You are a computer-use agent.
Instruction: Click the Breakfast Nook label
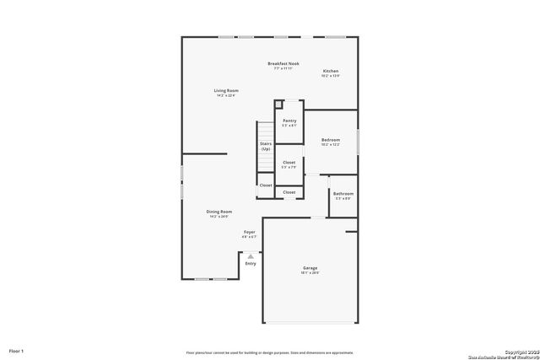click(283, 63)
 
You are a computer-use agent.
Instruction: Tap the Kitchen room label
click(330, 71)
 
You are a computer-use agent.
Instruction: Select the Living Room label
click(225, 90)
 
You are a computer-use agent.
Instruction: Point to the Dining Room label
click(219, 212)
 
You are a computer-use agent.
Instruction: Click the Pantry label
click(289, 121)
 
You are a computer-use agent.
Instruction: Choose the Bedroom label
click(330, 140)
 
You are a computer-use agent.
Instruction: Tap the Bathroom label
click(343, 193)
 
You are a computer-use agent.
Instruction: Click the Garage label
click(310, 268)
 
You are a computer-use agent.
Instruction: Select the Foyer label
click(250, 232)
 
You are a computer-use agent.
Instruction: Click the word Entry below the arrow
click(251, 264)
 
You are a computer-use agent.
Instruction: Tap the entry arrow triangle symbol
click(250, 255)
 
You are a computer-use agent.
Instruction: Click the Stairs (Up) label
click(265, 147)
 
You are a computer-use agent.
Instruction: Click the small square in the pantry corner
click(278, 106)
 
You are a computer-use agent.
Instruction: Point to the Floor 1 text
click(17, 350)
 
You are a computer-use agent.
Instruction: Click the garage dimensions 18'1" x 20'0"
click(310, 273)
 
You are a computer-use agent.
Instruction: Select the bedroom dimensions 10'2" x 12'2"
click(330, 145)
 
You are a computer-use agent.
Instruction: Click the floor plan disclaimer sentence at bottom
click(270, 352)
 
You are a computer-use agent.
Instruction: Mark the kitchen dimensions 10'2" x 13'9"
click(330, 76)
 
